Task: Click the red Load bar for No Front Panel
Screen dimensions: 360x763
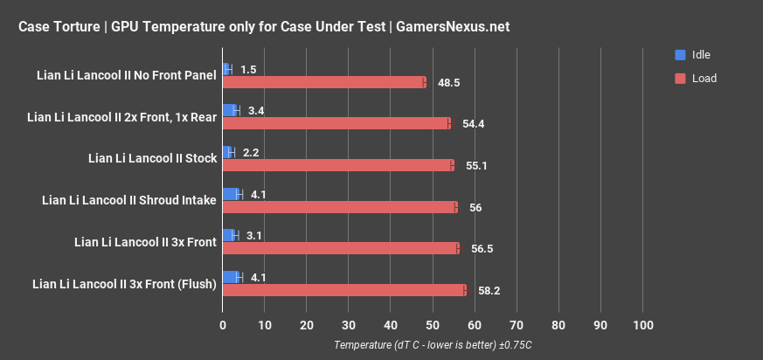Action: point(323,82)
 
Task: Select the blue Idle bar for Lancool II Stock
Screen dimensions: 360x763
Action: point(228,152)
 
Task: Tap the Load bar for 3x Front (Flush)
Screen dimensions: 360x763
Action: point(344,290)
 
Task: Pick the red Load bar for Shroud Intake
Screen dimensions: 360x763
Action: point(339,207)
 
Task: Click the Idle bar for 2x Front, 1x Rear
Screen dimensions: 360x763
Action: point(231,110)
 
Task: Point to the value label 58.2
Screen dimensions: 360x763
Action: point(489,290)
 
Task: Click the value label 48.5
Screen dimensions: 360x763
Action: point(449,82)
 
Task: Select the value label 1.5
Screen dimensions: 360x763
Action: point(248,69)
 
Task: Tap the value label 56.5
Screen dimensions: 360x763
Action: point(482,248)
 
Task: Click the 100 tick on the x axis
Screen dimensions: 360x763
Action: point(642,325)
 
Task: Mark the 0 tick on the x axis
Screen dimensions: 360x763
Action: point(223,325)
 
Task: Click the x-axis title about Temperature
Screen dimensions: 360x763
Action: point(433,345)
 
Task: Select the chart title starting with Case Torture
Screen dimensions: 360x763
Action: point(263,27)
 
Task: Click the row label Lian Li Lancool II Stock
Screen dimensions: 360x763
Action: point(152,159)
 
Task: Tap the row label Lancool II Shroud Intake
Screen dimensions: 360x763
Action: point(129,200)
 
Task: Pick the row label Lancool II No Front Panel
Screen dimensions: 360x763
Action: point(127,75)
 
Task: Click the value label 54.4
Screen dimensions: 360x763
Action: point(473,124)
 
